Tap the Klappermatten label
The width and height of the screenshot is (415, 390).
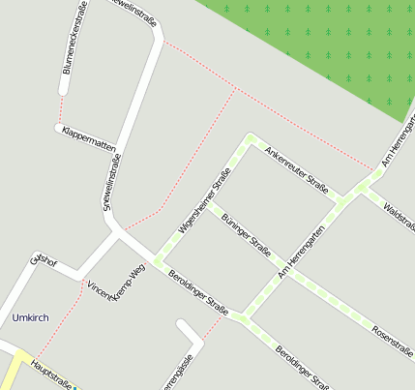[x=88, y=138]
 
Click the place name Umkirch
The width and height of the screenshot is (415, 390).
[x=29, y=317]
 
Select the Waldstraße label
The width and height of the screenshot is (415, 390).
[x=398, y=211]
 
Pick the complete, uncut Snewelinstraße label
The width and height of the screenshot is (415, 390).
[x=107, y=181]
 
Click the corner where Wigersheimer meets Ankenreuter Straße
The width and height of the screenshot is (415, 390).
[x=250, y=139]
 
